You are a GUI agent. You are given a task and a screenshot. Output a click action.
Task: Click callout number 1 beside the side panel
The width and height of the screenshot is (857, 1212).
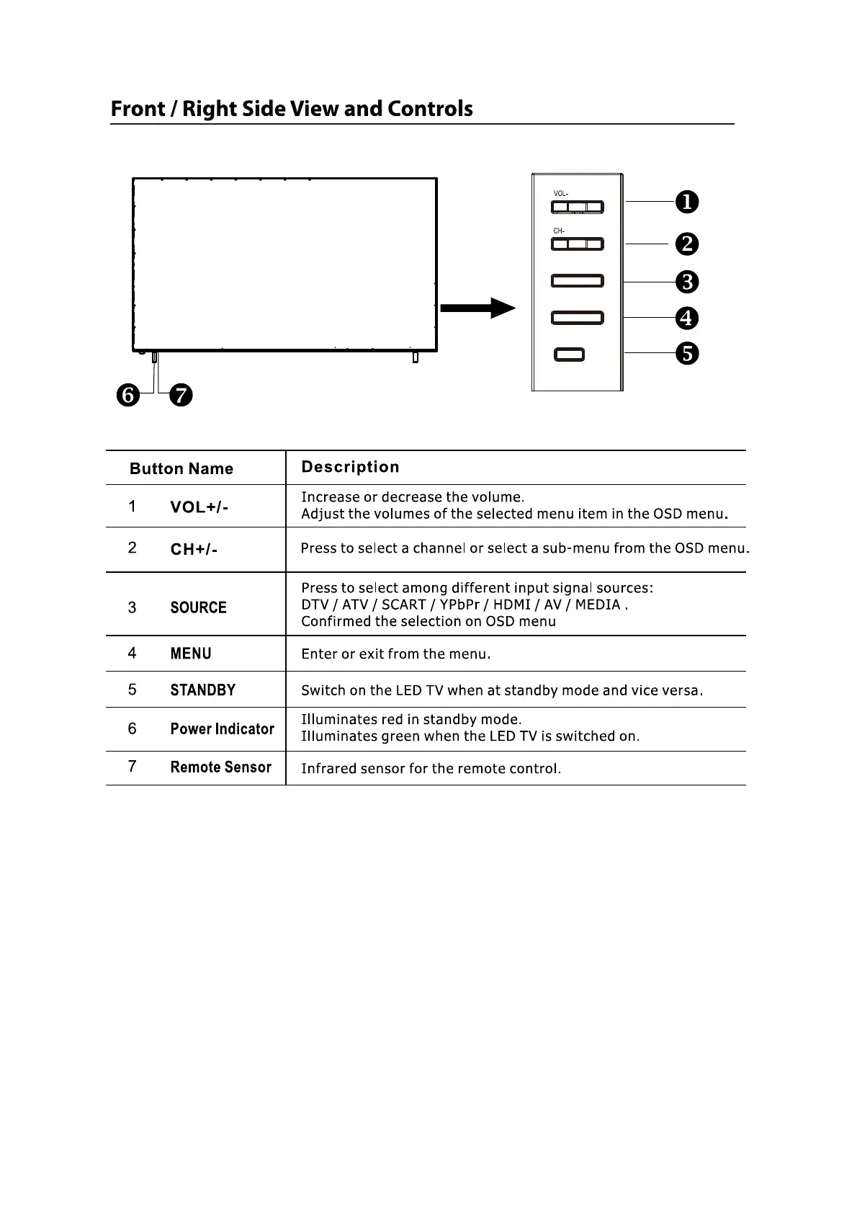point(687,202)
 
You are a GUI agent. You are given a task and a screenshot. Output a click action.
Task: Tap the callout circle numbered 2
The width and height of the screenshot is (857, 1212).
point(687,244)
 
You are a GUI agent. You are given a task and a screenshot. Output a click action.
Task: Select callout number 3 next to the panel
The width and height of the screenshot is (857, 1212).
point(687,282)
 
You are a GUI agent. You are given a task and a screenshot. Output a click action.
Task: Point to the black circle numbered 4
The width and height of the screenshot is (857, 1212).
point(687,318)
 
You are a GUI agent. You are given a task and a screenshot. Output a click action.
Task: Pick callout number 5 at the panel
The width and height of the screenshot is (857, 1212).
point(687,353)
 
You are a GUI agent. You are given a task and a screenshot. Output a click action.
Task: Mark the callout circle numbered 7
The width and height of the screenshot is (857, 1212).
point(181,396)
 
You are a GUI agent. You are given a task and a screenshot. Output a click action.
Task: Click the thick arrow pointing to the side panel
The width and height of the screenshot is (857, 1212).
point(477,308)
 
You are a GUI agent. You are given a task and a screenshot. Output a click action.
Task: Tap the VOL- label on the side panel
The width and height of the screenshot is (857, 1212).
point(560,194)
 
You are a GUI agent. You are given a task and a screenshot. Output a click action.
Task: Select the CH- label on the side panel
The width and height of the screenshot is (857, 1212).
point(559,231)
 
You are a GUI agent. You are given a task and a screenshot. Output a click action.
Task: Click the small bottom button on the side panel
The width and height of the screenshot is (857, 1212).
point(570,355)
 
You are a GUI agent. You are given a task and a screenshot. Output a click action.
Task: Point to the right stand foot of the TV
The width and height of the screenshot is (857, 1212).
point(415,357)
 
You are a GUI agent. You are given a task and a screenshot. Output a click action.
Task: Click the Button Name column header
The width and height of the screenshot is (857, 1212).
point(181,469)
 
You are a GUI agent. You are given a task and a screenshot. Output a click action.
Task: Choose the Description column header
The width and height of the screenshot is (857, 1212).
point(350,467)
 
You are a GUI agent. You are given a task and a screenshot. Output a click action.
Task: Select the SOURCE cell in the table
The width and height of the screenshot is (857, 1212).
point(198,607)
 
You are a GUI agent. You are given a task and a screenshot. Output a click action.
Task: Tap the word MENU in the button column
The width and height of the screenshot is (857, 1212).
point(191,654)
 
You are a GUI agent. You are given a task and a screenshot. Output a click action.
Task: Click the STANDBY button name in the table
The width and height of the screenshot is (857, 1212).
point(202,690)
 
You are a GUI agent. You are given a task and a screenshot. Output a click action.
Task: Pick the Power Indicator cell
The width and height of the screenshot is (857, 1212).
point(222,729)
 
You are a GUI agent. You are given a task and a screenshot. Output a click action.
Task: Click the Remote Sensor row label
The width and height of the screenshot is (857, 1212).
point(220,767)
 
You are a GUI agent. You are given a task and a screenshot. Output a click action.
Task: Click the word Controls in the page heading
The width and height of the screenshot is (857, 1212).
point(430,109)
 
